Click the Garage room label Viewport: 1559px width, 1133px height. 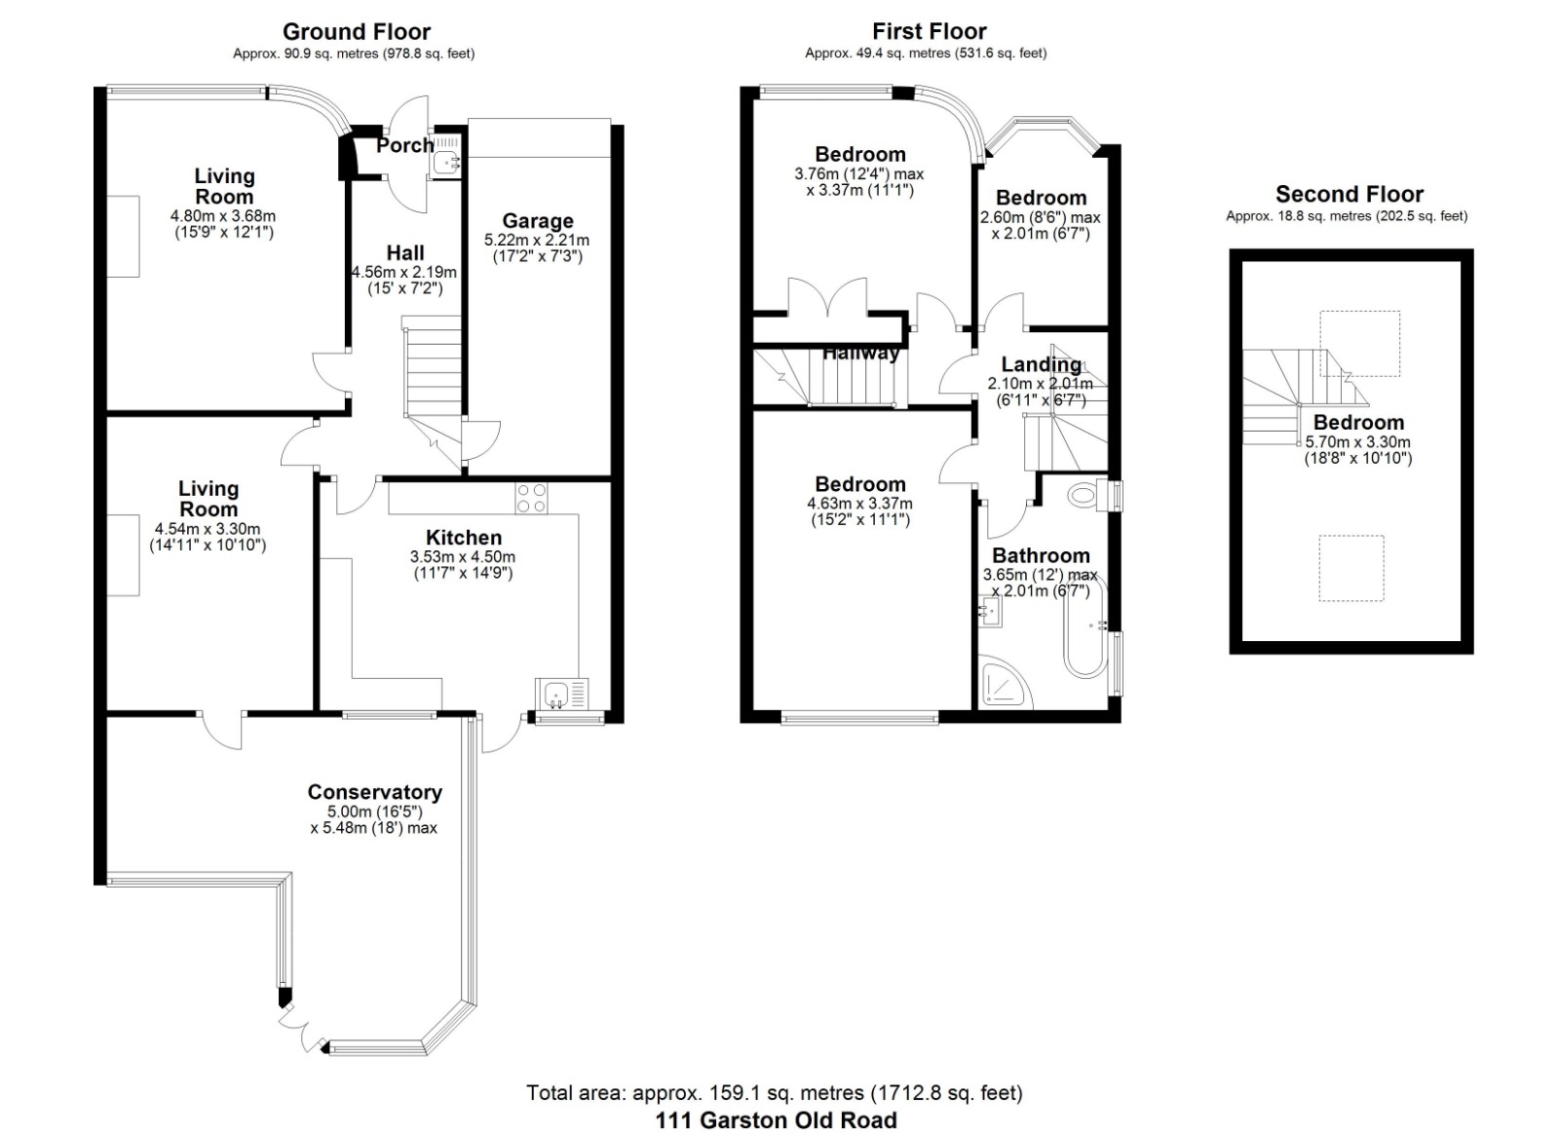tap(537, 221)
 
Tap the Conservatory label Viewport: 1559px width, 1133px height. tap(374, 792)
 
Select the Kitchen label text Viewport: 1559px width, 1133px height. tap(464, 537)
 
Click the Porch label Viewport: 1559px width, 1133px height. tap(405, 145)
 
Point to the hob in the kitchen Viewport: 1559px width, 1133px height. tap(531, 498)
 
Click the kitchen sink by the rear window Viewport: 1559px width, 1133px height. tap(561, 694)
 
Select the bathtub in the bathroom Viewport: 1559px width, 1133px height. tap(1084, 626)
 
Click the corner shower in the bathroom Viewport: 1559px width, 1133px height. tap(1005, 683)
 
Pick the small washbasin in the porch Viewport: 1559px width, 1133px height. tap(444, 163)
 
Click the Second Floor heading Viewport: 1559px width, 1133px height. tap(1349, 194)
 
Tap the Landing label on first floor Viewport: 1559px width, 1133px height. tap(1042, 364)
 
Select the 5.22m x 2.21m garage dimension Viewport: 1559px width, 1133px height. tap(537, 240)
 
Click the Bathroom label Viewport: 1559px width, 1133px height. tap(1041, 555)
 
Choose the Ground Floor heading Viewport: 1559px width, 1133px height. tap(357, 32)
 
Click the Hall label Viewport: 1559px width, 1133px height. tap(405, 252)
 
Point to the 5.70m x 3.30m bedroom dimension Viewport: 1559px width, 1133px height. tap(1357, 442)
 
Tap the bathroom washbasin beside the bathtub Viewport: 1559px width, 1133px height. tap(990, 612)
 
